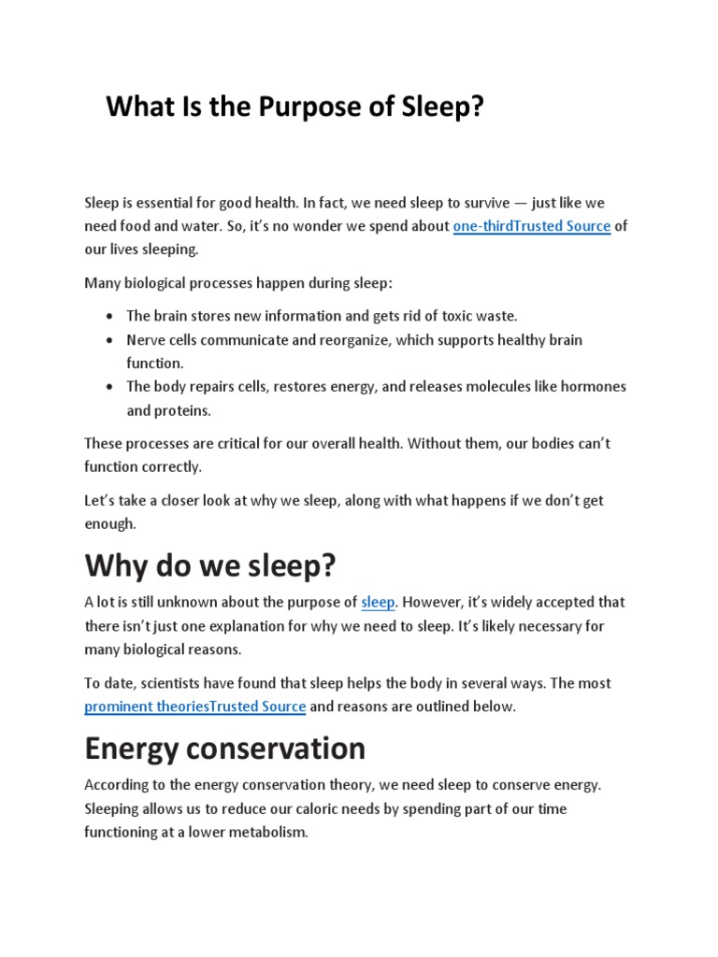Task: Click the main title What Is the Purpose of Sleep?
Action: pyautogui.click(x=295, y=107)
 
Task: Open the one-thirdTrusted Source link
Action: pyautogui.click(x=531, y=226)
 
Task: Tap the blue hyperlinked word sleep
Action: pyautogui.click(x=378, y=603)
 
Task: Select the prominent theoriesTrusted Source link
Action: pyautogui.click(x=194, y=707)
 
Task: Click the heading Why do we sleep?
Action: pyautogui.click(x=209, y=565)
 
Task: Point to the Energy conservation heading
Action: pyautogui.click(x=224, y=749)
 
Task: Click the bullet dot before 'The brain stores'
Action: pyautogui.click(x=110, y=316)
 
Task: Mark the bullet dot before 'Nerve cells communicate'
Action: pyautogui.click(x=110, y=340)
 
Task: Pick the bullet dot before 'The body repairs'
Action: pyautogui.click(x=110, y=387)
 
